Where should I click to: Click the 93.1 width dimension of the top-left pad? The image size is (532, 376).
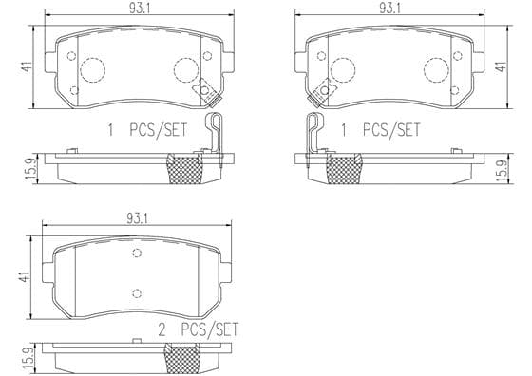140,9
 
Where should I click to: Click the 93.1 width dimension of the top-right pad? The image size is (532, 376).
389,9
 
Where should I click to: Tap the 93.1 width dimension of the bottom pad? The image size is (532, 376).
137,219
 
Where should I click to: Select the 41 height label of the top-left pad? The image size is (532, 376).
27,66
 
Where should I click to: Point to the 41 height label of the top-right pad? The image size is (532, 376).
502,66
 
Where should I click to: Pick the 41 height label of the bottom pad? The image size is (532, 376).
24,277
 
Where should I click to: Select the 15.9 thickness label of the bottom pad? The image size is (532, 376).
29,358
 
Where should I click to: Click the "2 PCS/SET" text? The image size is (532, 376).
199,329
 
